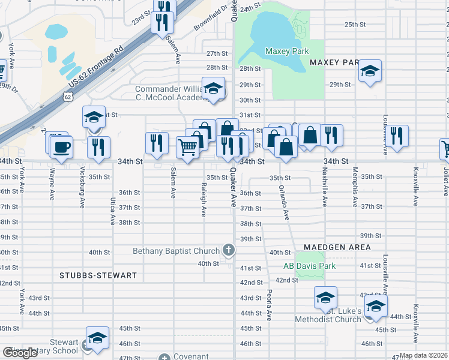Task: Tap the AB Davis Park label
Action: coord(310,266)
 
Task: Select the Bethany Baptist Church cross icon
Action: coord(228,249)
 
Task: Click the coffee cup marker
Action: coord(61,147)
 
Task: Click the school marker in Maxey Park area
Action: coord(370,71)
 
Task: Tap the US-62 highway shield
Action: coord(68,96)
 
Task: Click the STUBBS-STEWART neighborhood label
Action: coord(98,275)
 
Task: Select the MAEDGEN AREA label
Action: coord(337,247)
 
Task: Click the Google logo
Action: coord(20,353)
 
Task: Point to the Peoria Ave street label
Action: coord(270,305)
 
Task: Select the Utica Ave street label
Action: coord(112,211)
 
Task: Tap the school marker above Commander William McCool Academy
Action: coord(212,89)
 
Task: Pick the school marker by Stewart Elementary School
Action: coord(97,338)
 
